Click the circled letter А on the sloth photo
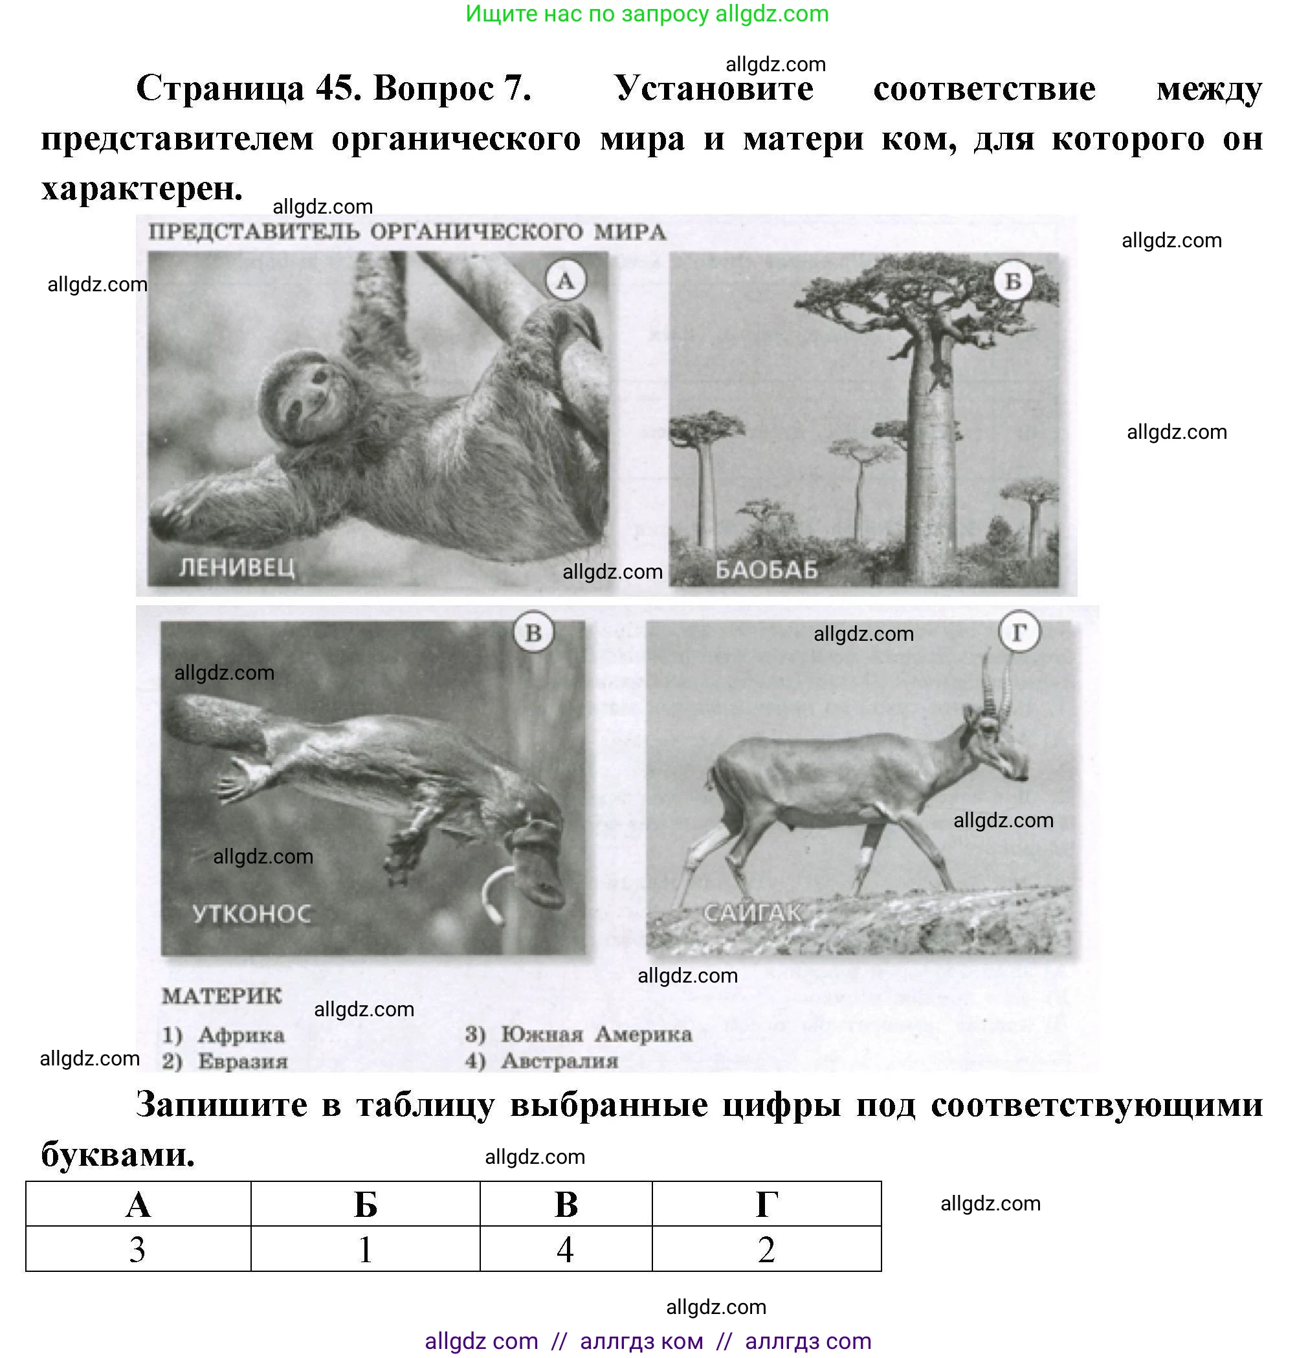click(x=565, y=281)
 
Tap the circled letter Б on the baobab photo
click(x=1012, y=282)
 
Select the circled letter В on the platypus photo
click(x=533, y=632)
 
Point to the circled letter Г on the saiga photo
click(x=1019, y=632)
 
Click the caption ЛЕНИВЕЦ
click(x=236, y=568)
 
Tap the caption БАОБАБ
click(x=766, y=570)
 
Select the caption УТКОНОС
click(x=252, y=914)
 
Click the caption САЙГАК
click(x=752, y=913)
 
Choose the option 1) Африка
click(x=223, y=1035)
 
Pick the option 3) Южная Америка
click(x=578, y=1034)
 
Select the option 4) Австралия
click(x=541, y=1061)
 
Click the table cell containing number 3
click(x=138, y=1249)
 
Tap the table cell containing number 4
click(x=566, y=1249)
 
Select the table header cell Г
click(x=766, y=1205)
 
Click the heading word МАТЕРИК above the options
click(x=221, y=996)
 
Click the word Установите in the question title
click(x=713, y=89)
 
